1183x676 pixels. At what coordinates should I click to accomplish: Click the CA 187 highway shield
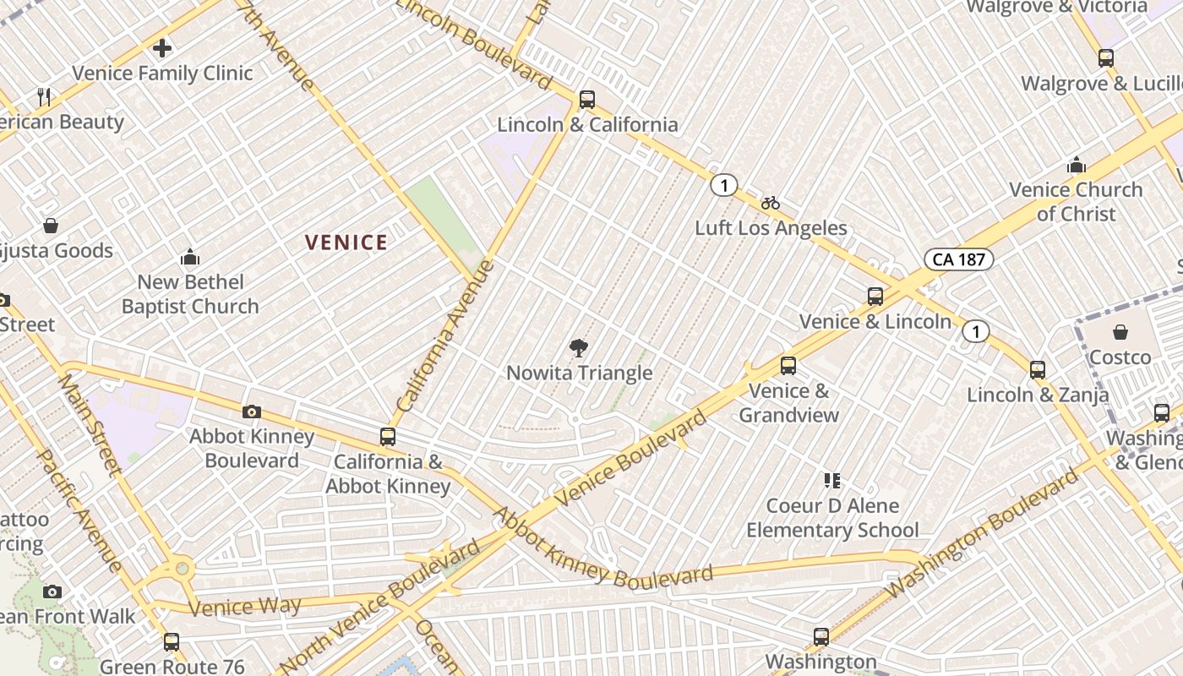pos(957,259)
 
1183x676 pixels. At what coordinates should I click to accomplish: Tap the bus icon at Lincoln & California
pos(587,100)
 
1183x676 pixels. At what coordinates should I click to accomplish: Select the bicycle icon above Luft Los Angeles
pos(770,203)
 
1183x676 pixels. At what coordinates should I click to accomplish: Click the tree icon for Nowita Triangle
pos(579,347)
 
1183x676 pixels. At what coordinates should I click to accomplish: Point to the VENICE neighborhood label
pos(346,243)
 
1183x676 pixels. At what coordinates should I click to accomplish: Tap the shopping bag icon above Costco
pos(1120,332)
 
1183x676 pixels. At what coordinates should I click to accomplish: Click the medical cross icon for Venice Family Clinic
pos(162,48)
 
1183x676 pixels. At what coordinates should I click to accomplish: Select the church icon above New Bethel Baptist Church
pos(190,257)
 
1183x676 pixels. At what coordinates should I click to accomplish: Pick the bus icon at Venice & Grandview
pos(788,366)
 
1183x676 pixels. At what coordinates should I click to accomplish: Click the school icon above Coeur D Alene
pos(832,481)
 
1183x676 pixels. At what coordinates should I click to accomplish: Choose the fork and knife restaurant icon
pos(45,97)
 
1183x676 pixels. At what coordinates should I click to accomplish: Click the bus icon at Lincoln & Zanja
pos(1038,370)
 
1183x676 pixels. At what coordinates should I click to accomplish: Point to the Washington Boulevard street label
pos(984,533)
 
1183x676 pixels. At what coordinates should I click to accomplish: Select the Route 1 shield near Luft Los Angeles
pos(723,185)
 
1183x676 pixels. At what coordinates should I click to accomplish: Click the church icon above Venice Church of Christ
pos(1077,165)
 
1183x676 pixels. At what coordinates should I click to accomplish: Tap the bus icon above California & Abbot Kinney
pos(388,437)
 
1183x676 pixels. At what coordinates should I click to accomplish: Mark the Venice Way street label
pos(245,607)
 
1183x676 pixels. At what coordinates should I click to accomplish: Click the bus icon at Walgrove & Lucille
pos(1106,58)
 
